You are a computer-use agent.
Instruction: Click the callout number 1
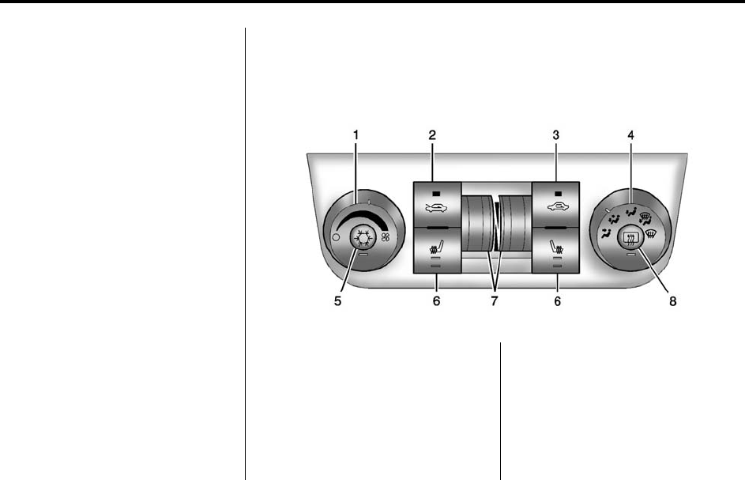coord(356,135)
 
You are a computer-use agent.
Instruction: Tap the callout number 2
coord(432,135)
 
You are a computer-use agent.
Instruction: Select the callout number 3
coord(556,135)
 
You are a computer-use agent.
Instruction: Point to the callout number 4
coord(630,135)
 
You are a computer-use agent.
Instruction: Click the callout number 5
coord(337,301)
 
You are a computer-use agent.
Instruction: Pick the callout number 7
coord(494,301)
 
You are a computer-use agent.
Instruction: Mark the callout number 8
coord(673,301)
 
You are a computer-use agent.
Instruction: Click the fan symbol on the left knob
coord(386,237)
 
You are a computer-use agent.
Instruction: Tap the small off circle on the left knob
coord(336,237)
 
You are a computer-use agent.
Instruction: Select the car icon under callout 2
coord(436,208)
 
